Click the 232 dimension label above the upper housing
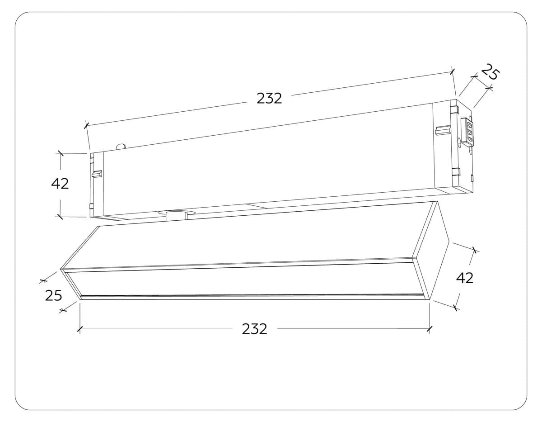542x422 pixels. click(x=269, y=98)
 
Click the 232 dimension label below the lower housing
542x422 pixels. click(x=254, y=329)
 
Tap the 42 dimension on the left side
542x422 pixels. click(x=60, y=184)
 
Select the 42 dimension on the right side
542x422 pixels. click(x=464, y=278)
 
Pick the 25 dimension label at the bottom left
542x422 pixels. click(x=53, y=295)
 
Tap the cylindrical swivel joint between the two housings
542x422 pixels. click(x=177, y=216)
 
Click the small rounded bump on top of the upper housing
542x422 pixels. click(x=121, y=146)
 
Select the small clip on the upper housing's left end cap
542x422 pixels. click(x=97, y=174)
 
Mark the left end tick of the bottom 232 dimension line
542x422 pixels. click(x=79, y=329)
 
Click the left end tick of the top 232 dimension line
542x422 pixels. click(x=87, y=125)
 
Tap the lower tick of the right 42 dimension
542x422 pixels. click(x=456, y=308)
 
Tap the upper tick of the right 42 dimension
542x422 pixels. click(x=474, y=250)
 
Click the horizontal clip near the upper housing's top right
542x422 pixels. click(x=443, y=131)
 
